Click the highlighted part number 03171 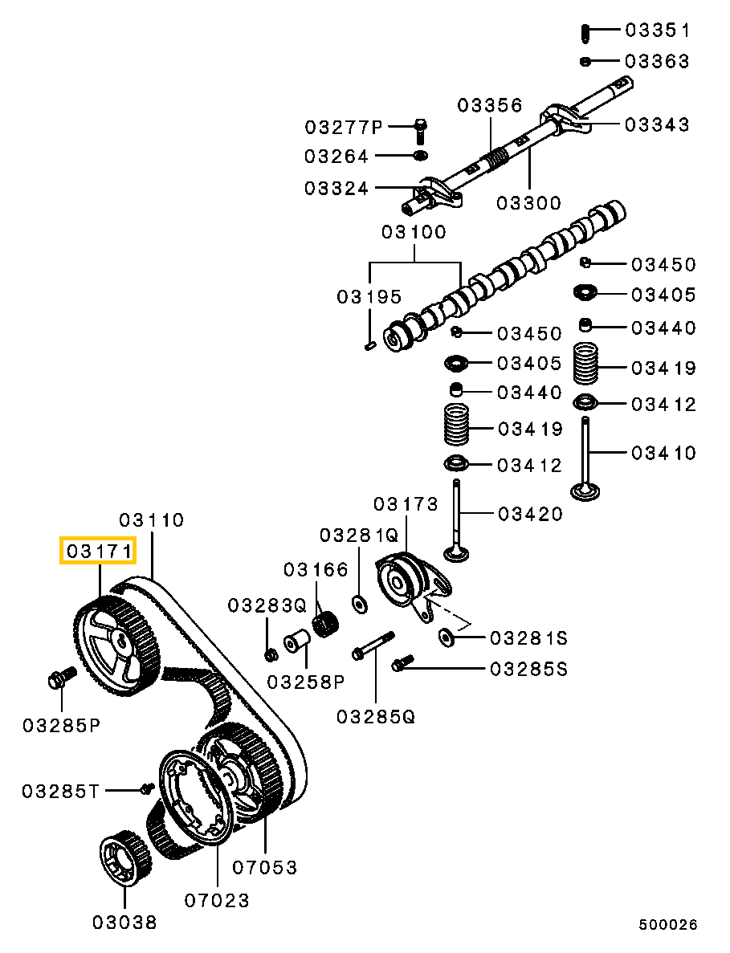(x=98, y=552)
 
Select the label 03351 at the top (x=657, y=31)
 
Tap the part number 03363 (x=657, y=61)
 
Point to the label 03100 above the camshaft (x=414, y=233)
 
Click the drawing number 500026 (x=668, y=925)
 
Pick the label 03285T (x=60, y=792)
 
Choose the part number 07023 (x=217, y=900)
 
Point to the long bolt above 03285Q (x=373, y=645)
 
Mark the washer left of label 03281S (x=447, y=637)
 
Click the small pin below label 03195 (x=369, y=346)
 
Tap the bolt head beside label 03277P (x=421, y=126)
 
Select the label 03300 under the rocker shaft (x=528, y=203)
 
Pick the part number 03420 (x=530, y=514)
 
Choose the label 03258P (x=304, y=682)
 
